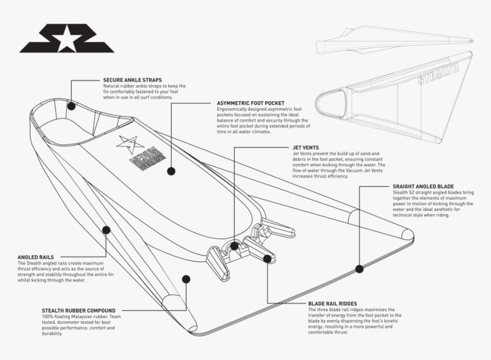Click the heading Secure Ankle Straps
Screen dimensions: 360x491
[132, 80]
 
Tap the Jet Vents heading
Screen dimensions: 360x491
[305, 147]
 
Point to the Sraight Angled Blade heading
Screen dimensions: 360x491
[423, 186]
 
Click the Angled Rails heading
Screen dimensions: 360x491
[35, 257]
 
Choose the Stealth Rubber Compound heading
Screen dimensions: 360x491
[78, 311]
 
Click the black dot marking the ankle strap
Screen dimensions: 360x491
[71, 106]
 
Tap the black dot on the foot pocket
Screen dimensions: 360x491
[171, 171]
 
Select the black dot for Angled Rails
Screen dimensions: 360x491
[106, 230]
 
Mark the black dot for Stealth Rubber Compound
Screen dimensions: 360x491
[186, 279]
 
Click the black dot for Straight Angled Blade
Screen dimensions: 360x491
[359, 269]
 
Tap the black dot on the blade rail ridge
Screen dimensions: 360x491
[267, 258]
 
